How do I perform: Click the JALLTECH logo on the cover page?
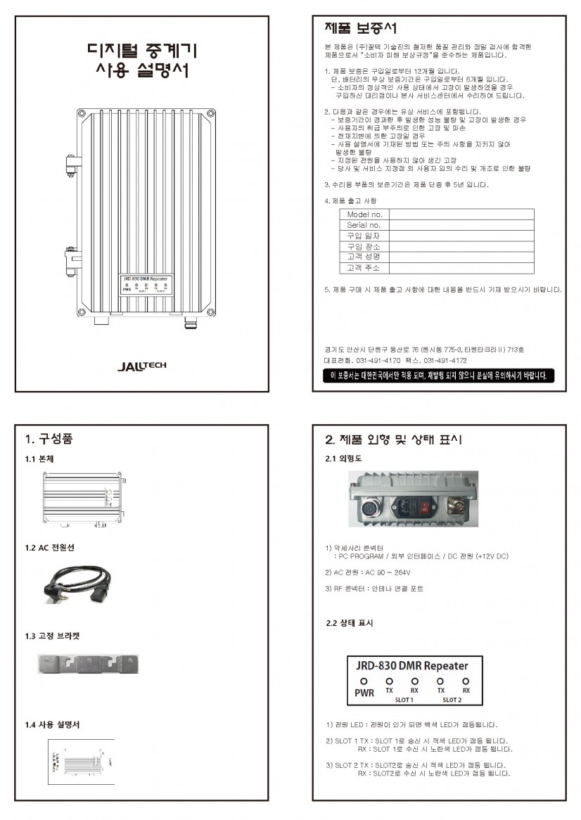(x=142, y=366)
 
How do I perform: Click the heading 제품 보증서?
(x=360, y=28)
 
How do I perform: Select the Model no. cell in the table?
(x=365, y=214)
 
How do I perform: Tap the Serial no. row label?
(x=364, y=225)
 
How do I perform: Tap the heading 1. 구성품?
(x=49, y=440)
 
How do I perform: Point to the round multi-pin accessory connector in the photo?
(x=371, y=508)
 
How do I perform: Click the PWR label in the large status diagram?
(x=364, y=692)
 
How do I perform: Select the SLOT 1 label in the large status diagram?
(x=404, y=700)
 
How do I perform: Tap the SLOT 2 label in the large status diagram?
(x=452, y=700)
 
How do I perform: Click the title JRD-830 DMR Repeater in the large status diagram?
(x=411, y=665)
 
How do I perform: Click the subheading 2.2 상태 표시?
(x=349, y=623)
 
